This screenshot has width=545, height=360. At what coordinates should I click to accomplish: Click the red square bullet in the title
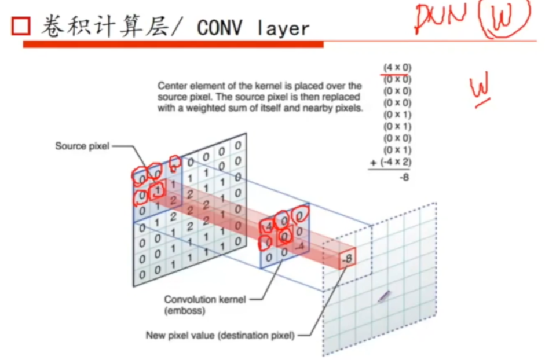[21, 26]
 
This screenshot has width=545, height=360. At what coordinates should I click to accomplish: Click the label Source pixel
[82, 146]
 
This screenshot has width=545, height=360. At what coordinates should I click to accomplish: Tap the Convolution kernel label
[204, 299]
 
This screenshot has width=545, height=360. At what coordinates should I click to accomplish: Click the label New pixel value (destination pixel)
[220, 335]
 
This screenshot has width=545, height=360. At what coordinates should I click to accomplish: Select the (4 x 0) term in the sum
[397, 68]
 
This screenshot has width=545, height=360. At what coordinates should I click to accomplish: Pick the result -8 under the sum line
[404, 178]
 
